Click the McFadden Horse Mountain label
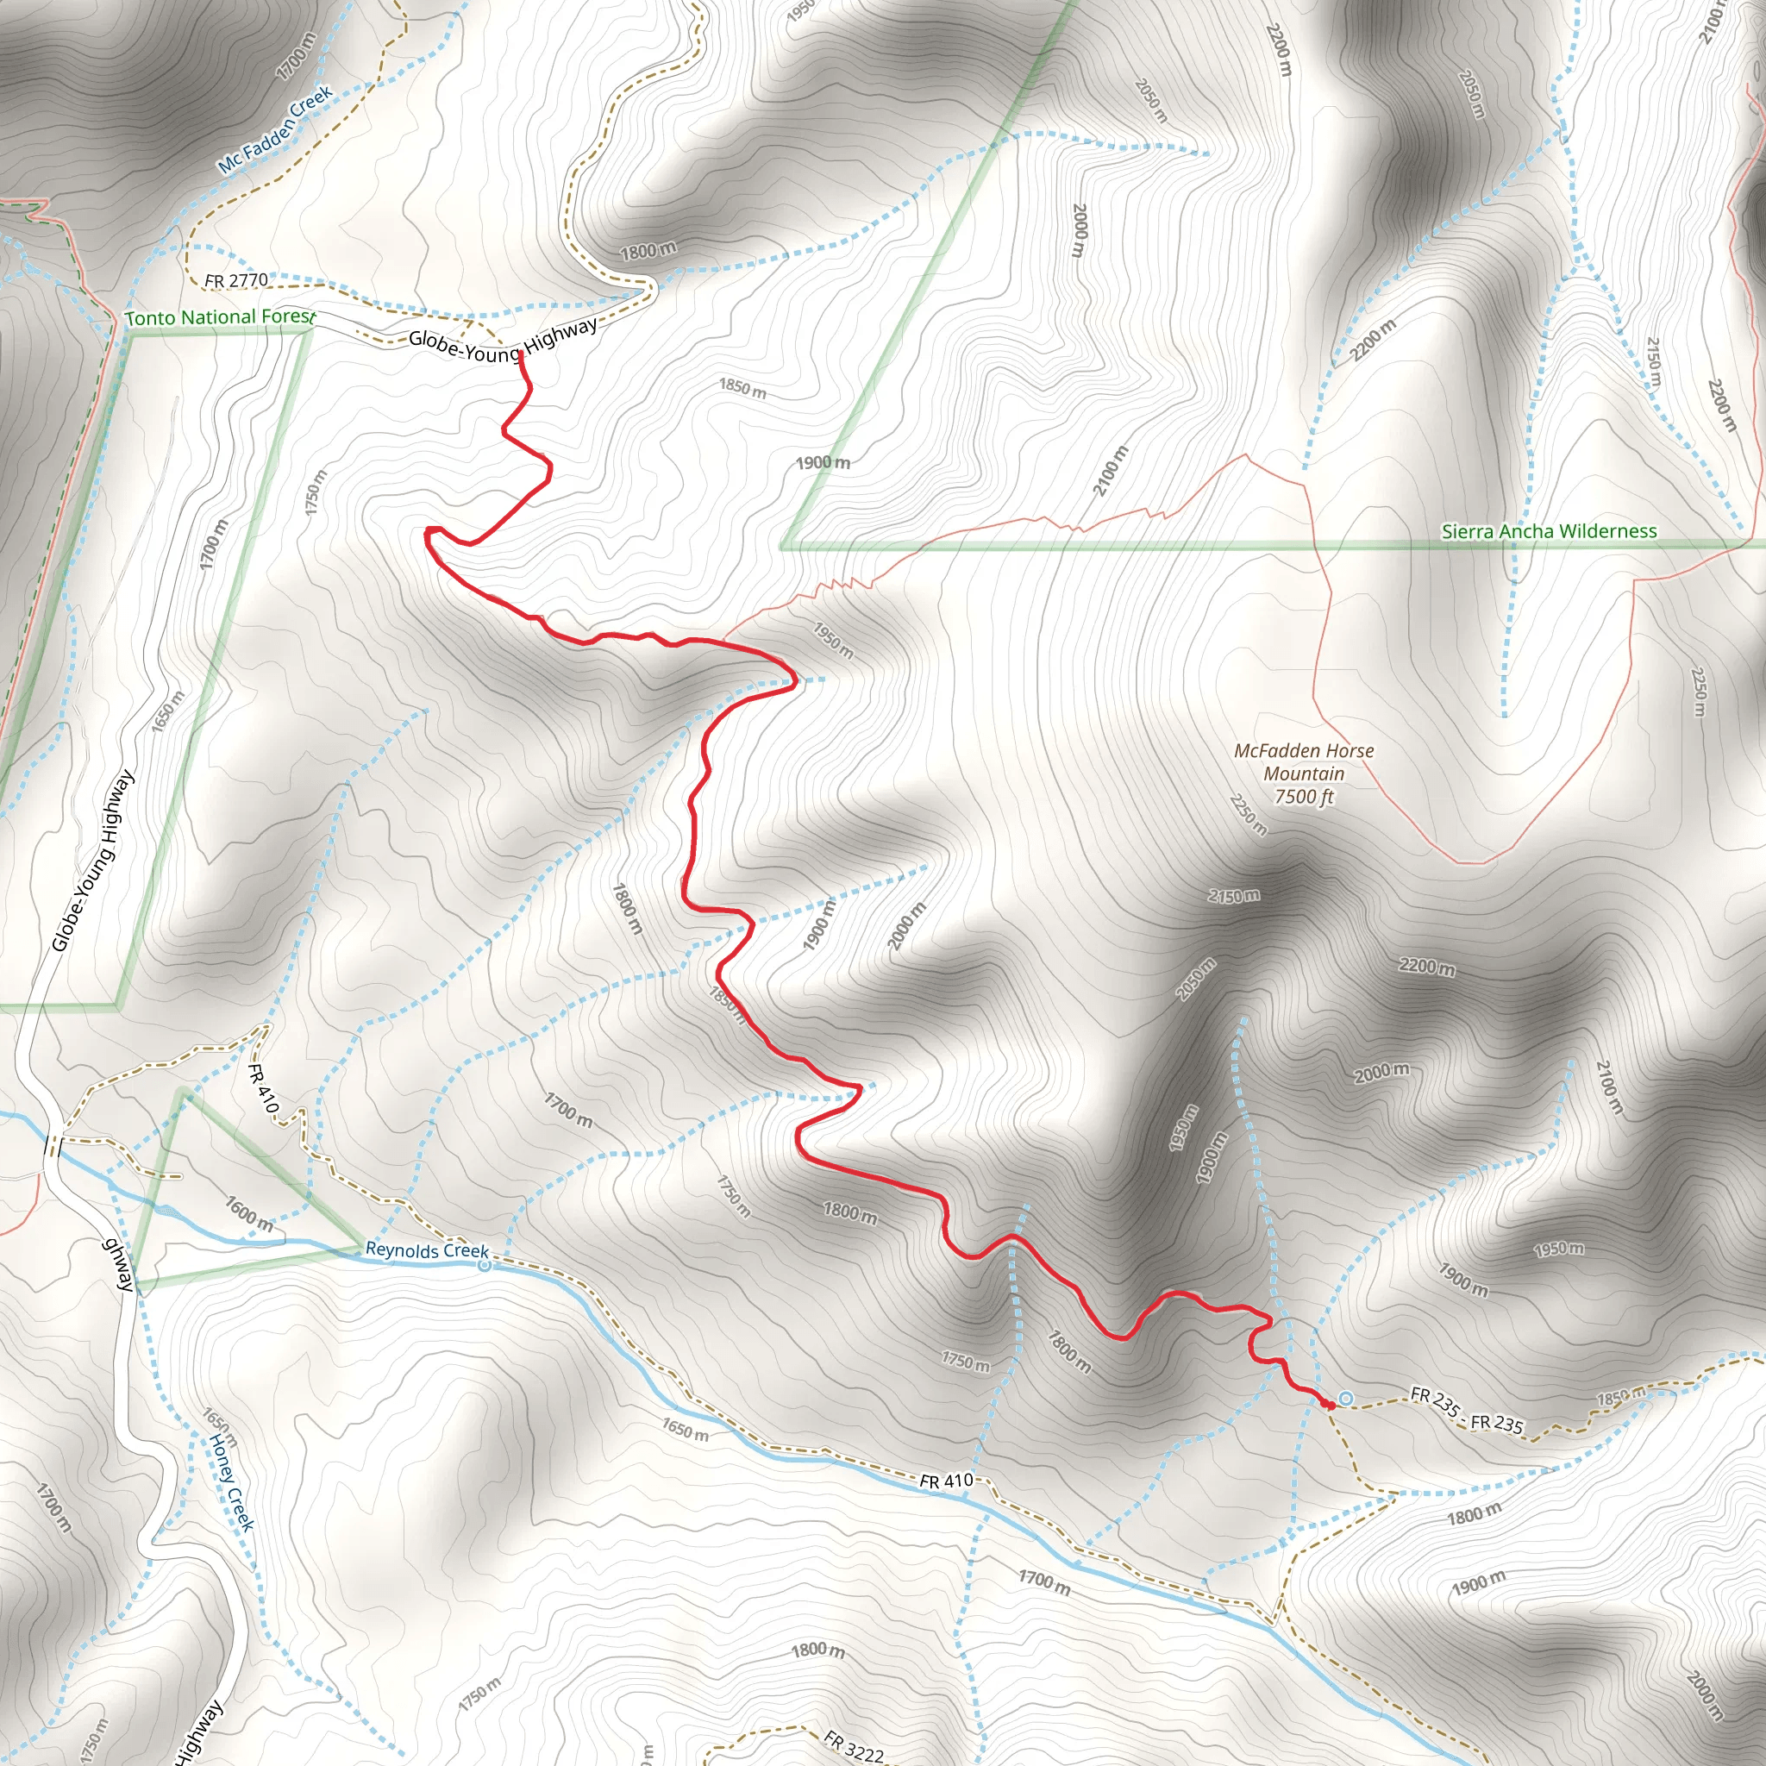pyautogui.click(x=1304, y=761)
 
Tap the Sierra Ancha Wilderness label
pyautogui.click(x=1549, y=531)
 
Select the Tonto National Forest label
pyautogui.click(x=219, y=317)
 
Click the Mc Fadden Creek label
pyautogui.click(x=275, y=130)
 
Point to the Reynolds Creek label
pyautogui.click(x=427, y=1249)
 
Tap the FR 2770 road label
pyautogui.click(x=237, y=279)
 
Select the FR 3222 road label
pyautogui.click(x=853, y=1746)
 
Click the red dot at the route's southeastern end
pyautogui.click(x=1330, y=1405)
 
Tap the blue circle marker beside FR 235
pyautogui.click(x=1345, y=1399)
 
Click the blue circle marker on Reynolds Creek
pyautogui.click(x=485, y=1265)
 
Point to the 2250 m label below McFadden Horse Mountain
pyautogui.click(x=1248, y=814)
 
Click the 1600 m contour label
pyautogui.click(x=248, y=1213)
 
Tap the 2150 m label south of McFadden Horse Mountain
pyautogui.click(x=1233, y=897)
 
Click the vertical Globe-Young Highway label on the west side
pyautogui.click(x=92, y=861)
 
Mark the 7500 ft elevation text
pyautogui.click(x=1304, y=796)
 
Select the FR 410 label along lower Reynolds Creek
pyautogui.click(x=946, y=1481)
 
